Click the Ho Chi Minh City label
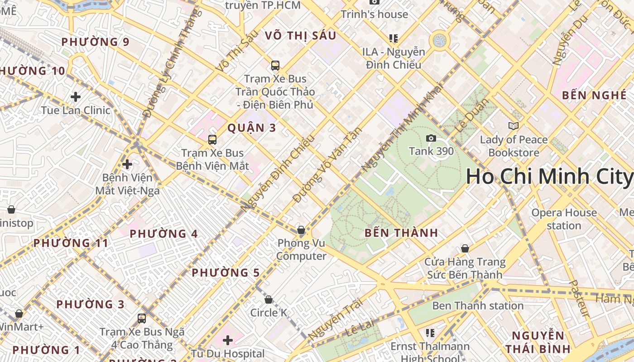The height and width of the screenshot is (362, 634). [x=549, y=176]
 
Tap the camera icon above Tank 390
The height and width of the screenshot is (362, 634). [x=431, y=138]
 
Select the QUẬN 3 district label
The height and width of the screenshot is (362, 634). [x=252, y=128]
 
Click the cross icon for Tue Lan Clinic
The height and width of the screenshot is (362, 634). [x=76, y=97]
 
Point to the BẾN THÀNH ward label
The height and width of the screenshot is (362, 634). [x=401, y=233]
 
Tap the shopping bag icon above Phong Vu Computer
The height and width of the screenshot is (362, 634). [x=301, y=230]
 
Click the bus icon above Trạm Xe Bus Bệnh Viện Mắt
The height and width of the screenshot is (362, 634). [x=212, y=140]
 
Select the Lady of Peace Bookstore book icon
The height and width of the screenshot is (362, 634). [x=513, y=126]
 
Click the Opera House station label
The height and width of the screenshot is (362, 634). [x=564, y=219]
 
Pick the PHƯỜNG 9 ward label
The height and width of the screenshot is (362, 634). [x=96, y=42]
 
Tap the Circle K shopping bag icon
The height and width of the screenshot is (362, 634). [x=269, y=300]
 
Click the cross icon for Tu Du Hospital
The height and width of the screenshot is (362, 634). [x=228, y=340]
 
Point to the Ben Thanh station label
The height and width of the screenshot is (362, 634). [x=478, y=306]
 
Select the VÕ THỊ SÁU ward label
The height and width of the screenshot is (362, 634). [x=301, y=35]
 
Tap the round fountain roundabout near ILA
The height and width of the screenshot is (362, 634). [x=439, y=41]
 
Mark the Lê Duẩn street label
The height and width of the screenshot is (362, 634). [x=471, y=116]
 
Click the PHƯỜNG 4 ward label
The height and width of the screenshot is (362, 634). [x=164, y=234]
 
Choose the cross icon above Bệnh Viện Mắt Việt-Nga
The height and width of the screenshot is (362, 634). [x=127, y=164]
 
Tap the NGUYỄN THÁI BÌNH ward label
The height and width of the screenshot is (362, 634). [x=538, y=342]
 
